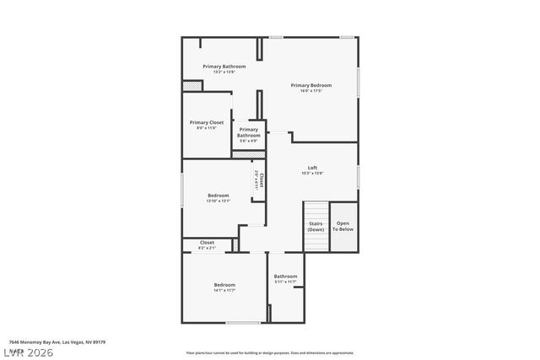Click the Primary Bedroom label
(310, 85)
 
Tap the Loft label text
(312, 167)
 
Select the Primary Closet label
(206, 122)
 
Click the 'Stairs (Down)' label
(316, 227)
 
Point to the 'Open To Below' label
(343, 226)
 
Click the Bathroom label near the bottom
(285, 277)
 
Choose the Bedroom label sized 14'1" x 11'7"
(224, 285)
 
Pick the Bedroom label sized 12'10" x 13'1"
(218, 196)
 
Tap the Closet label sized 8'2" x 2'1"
(206, 243)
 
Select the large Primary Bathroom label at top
(224, 66)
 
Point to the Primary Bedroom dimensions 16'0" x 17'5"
(310, 91)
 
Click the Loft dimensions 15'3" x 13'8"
(312, 174)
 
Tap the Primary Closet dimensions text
(206, 128)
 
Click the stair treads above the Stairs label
(316, 210)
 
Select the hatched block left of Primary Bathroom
(193, 85)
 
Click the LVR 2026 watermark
(27, 352)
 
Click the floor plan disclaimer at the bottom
(269, 353)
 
